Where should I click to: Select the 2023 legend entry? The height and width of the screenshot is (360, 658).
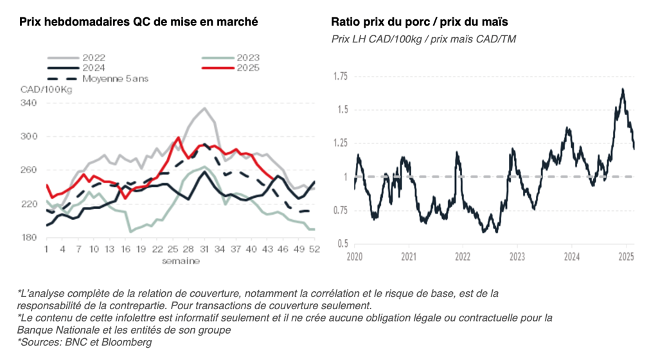tap(248, 58)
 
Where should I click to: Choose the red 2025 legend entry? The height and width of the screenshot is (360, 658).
tap(248, 68)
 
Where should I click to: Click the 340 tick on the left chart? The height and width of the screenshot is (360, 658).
tap(29, 103)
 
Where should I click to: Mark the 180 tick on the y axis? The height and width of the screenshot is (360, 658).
tap(29, 238)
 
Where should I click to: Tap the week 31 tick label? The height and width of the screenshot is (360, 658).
tap(204, 249)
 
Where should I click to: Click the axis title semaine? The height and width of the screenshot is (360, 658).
tap(181, 260)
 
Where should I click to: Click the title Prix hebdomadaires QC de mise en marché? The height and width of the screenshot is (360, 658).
tap(139, 22)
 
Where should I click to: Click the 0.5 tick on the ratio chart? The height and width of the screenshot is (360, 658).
tap(342, 244)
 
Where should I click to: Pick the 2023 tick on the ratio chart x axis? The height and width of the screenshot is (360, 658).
tap(517, 255)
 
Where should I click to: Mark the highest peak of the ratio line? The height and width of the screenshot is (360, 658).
tap(623, 89)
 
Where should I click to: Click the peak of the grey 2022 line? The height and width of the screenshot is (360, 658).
tap(204, 109)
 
